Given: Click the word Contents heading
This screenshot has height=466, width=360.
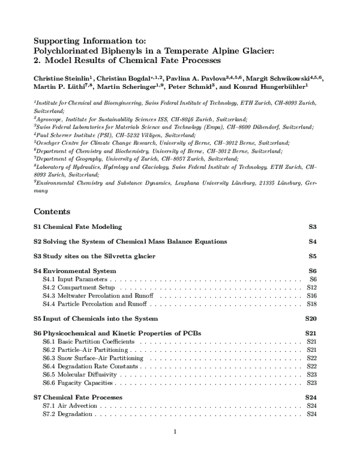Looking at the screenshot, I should point(52,211).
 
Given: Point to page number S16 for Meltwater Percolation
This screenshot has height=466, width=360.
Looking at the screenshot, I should point(311,296).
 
